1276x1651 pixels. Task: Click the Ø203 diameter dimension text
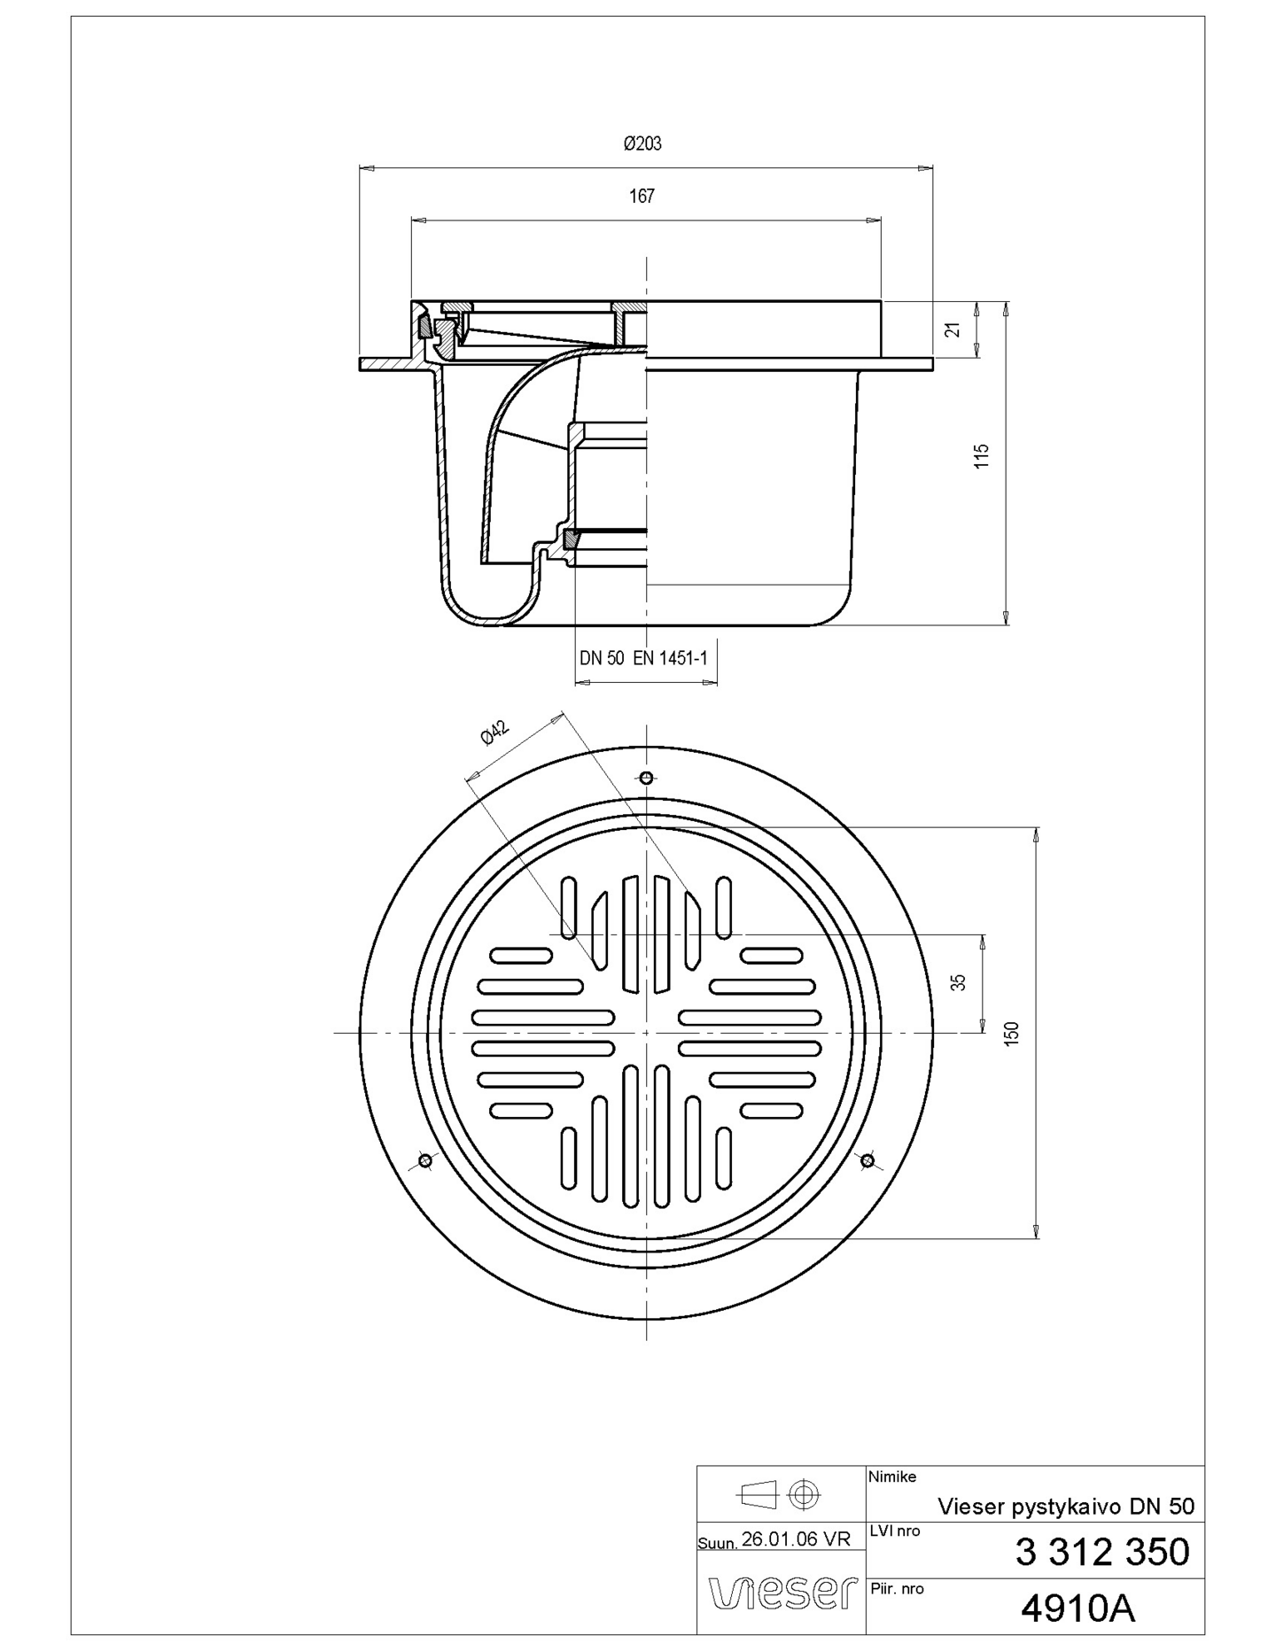tap(642, 143)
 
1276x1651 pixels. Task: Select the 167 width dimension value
tap(642, 196)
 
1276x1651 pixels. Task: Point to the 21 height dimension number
tap(953, 329)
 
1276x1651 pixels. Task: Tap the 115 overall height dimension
tap(981, 456)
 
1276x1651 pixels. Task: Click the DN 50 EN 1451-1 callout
tap(643, 658)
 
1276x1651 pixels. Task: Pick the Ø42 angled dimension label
tap(494, 733)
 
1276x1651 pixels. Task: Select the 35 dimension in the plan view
tap(958, 982)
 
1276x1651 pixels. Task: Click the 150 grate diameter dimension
tap(1012, 1033)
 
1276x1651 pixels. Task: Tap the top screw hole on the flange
tap(647, 778)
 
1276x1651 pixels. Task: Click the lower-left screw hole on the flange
tap(424, 1160)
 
